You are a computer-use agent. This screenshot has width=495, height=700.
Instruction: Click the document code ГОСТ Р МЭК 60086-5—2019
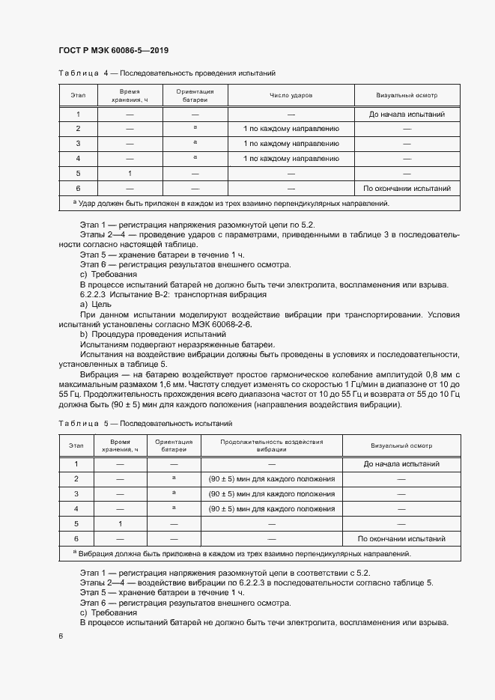[113, 51]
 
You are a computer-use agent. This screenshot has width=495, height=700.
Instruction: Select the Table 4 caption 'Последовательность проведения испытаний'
[197, 73]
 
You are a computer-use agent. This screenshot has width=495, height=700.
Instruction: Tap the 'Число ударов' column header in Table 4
[291, 96]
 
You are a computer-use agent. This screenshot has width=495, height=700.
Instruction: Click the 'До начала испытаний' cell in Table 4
[407, 115]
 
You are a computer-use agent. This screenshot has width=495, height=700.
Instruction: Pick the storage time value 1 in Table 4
[130, 173]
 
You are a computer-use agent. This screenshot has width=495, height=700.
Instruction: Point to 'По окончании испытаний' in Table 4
[407, 188]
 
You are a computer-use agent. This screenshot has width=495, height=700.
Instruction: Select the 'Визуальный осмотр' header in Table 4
[407, 96]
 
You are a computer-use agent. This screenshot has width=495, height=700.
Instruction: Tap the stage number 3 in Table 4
[78, 144]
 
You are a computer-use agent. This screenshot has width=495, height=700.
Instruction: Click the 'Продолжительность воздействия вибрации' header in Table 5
[271, 446]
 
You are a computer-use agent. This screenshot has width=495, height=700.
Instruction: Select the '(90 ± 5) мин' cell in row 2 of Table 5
[271, 479]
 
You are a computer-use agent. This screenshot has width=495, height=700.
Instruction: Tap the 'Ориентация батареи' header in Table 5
[174, 446]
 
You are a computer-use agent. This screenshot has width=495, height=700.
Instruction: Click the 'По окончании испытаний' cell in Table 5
[401, 538]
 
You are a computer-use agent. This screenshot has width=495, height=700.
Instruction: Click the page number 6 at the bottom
[60, 636]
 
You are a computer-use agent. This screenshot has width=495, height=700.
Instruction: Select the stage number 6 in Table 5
[76, 538]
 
